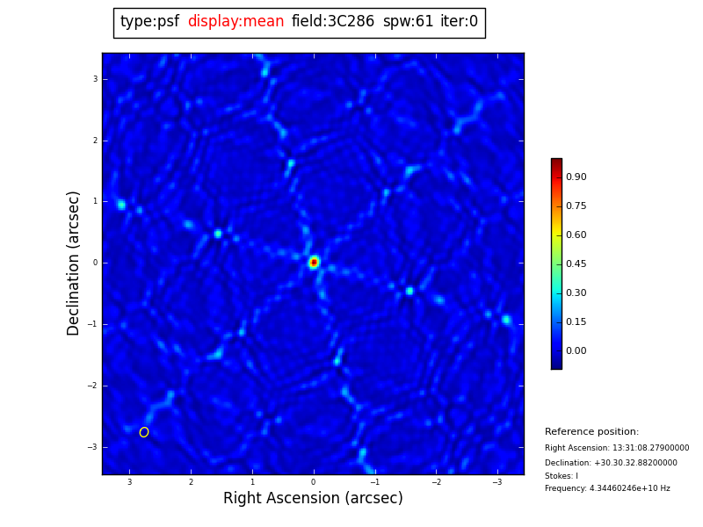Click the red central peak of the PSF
[314, 262]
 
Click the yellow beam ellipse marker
[144, 432]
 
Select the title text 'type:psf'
[149, 22]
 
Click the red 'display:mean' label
[236, 22]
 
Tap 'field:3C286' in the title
[332, 22]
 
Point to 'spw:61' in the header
[408, 22]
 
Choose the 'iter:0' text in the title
[459, 22]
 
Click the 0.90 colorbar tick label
[576, 177]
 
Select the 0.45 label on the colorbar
[576, 264]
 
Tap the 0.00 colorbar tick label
[576, 351]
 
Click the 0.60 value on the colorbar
[576, 235]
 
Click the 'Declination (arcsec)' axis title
[74, 263]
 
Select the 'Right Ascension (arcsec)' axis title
[313, 499]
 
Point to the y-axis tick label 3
[95, 79]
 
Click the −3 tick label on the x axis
[496, 482]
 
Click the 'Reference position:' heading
[591, 432]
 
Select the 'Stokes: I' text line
[562, 476]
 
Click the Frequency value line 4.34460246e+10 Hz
[607, 488]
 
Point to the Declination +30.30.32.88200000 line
[611, 463]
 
